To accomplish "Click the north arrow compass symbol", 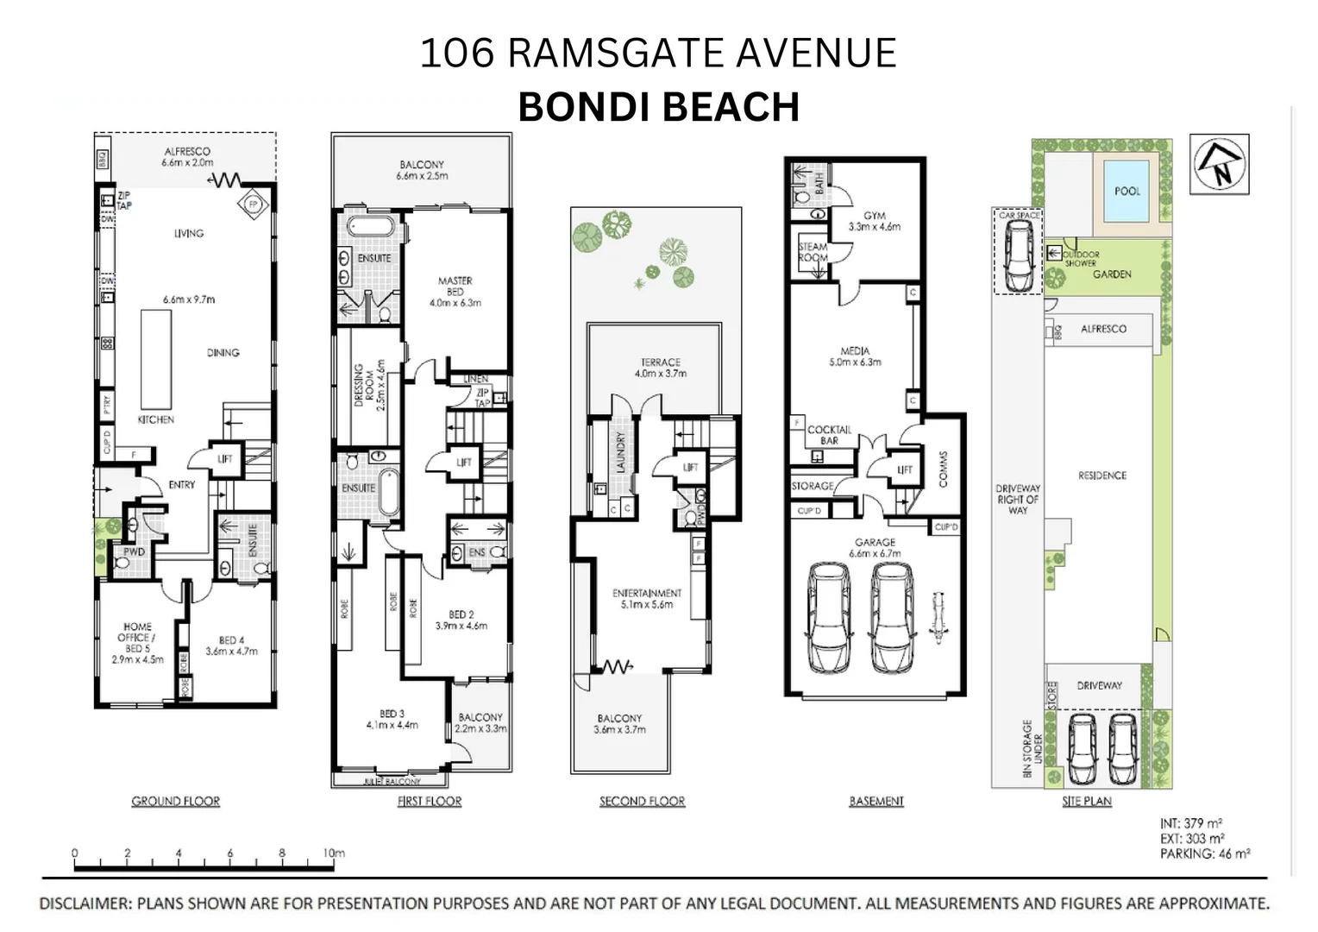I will pyautogui.click(x=1219, y=164).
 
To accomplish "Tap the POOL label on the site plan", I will pyautogui.click(x=1127, y=191).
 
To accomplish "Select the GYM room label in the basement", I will pyautogui.click(x=874, y=216).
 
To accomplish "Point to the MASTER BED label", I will pyautogui.click(x=455, y=286).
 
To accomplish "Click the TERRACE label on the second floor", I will pyautogui.click(x=660, y=362).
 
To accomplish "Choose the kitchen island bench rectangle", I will pyautogui.click(x=156, y=359).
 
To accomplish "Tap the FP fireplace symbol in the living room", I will pyautogui.click(x=253, y=205).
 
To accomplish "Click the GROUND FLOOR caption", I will pyautogui.click(x=175, y=801).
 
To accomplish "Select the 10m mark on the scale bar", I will pyautogui.click(x=334, y=853).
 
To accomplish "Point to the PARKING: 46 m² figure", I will pyautogui.click(x=1204, y=853).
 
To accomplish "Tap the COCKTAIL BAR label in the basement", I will pyautogui.click(x=829, y=434).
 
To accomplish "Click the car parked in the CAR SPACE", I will pyautogui.click(x=1019, y=255).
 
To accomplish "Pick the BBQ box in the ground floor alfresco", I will pyautogui.click(x=102, y=160).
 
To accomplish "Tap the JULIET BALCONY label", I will pyautogui.click(x=392, y=781).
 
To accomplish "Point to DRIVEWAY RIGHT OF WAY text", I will pyautogui.click(x=1018, y=499).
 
